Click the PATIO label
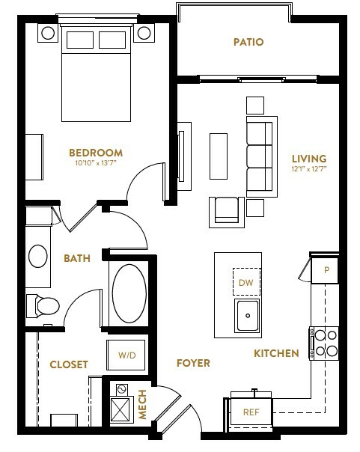[248, 42]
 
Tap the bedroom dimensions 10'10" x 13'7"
[96, 163]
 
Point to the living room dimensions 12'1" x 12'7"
[309, 169]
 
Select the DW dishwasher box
[246, 282]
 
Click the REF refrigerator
[251, 412]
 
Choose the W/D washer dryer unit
[126, 355]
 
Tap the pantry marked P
[325, 270]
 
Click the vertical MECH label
[142, 404]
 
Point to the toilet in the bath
[43, 306]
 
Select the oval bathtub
[129, 293]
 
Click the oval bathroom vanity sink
[38, 256]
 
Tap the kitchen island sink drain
[248, 316]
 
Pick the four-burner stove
[324, 343]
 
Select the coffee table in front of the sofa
[219, 156]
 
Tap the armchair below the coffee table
[227, 213]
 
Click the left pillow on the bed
[80, 40]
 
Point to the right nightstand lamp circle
[144, 33]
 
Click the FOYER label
[193, 363]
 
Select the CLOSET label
[69, 364]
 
